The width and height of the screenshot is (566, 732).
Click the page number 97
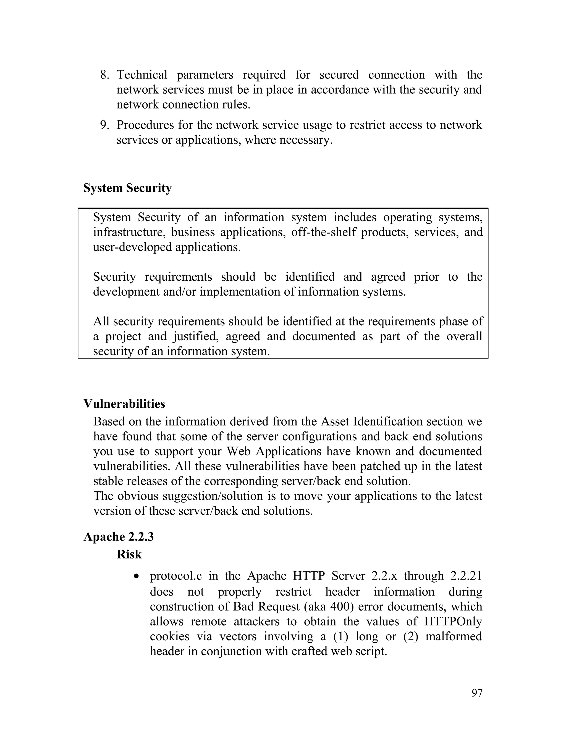pos(477,693)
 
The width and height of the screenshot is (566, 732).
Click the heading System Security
pos(127,188)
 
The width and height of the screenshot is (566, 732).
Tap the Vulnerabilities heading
pos(124,404)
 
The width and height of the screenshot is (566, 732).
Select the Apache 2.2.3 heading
pos(118,537)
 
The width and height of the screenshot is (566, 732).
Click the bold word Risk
pos(129,554)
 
